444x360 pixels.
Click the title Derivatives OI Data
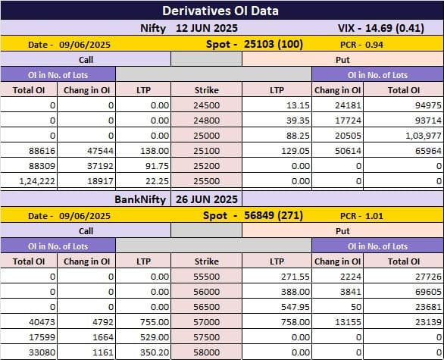tap(220, 11)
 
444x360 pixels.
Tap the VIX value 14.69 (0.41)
tap(395, 28)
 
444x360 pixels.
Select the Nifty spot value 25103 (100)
tap(274, 44)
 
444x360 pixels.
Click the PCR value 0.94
tap(374, 45)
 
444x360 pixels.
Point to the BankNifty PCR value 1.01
tap(374, 216)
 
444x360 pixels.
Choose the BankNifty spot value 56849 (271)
tap(274, 215)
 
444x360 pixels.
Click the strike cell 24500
tap(207, 105)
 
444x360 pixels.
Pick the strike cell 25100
tap(207, 151)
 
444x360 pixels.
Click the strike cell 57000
tap(207, 322)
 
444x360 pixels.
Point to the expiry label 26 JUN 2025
tap(207, 199)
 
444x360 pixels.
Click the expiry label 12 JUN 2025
tap(207, 28)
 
